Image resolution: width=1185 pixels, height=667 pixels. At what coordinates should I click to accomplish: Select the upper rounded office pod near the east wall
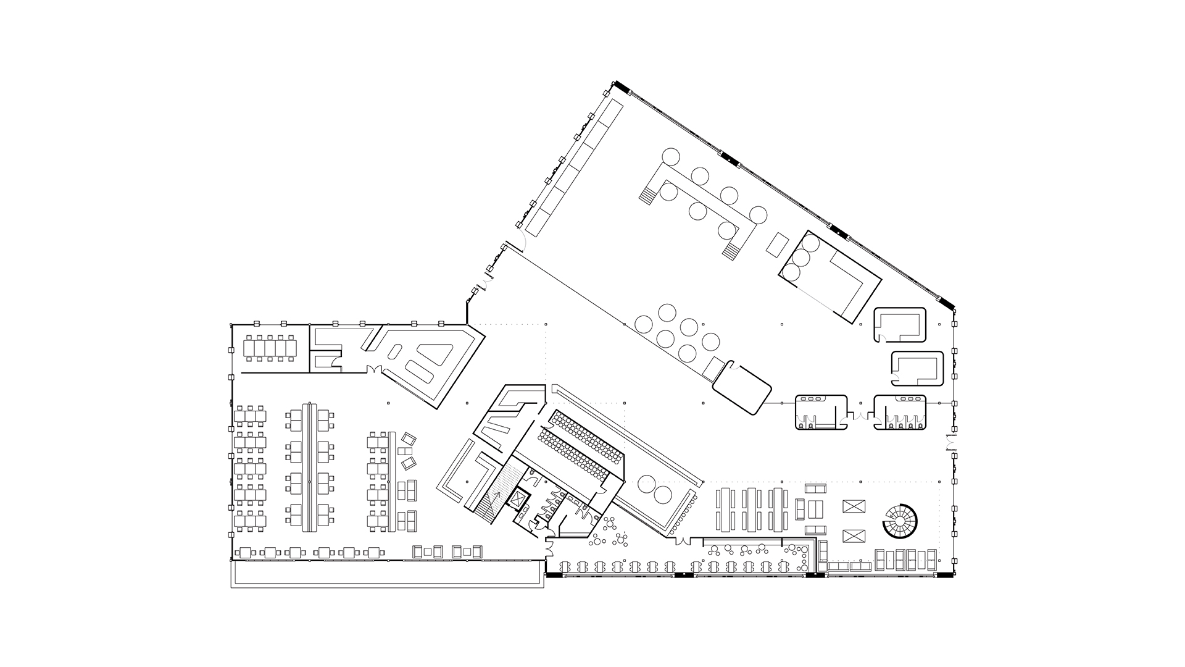(x=900, y=325)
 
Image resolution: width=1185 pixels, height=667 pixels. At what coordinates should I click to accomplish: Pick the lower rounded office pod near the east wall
(x=917, y=368)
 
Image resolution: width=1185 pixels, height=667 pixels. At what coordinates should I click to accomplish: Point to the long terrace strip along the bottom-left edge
(x=387, y=574)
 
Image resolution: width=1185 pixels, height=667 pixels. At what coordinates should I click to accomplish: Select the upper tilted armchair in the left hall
(x=408, y=440)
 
